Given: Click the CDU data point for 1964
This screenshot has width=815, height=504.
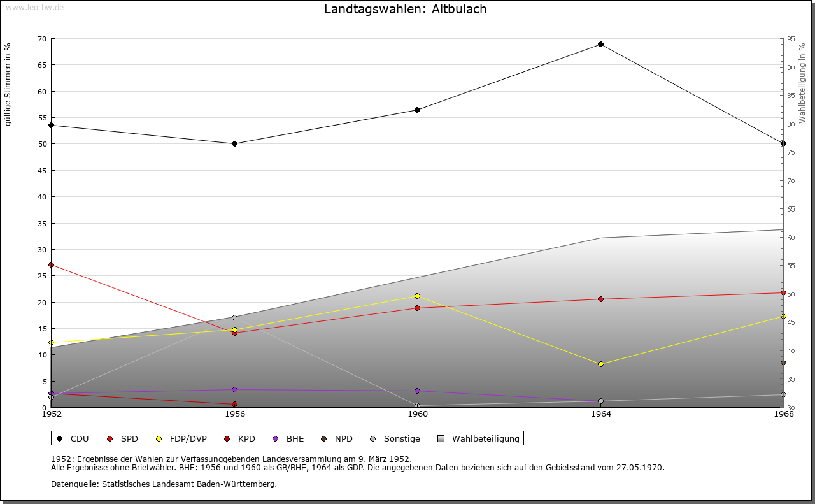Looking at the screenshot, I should coord(600,45).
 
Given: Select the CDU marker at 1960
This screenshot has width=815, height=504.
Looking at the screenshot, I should coord(417,110).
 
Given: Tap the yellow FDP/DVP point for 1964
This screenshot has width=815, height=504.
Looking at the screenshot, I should coord(600,364).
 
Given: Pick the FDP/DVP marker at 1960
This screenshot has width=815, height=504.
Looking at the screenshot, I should coord(417,296).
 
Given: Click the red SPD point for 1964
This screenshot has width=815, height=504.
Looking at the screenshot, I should coord(600,299).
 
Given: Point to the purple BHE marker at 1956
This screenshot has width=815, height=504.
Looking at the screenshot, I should coord(234,389).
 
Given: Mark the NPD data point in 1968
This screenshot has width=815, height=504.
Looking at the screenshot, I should coord(783,363).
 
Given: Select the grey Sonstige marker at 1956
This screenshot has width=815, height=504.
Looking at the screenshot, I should coord(234,317).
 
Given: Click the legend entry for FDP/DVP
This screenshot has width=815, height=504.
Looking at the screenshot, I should coord(183,438).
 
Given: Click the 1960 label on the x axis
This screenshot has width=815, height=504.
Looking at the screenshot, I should coord(418,414).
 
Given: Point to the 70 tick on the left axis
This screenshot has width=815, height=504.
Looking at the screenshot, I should coord(42,39).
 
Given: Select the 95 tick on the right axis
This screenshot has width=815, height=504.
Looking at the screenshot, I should coord(790,39).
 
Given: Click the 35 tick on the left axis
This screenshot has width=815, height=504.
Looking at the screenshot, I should coord(42,223).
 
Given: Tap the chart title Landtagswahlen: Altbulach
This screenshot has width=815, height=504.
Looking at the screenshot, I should coord(406,9).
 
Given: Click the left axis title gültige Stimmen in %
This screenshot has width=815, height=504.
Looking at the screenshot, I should coord(8,84).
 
